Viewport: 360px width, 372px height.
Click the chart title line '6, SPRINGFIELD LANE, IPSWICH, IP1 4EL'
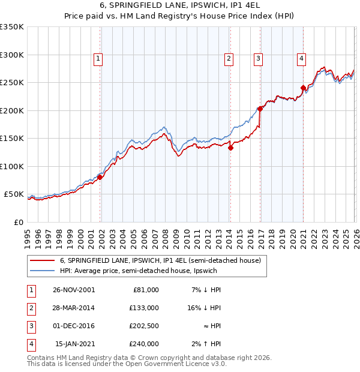[x=179, y=7]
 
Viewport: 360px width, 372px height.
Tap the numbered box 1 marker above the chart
[x=98, y=58]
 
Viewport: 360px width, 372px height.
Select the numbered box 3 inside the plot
[x=258, y=58]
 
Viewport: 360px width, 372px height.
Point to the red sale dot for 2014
[x=230, y=148]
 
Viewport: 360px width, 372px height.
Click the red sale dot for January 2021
[x=303, y=88]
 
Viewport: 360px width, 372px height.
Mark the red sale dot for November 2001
[x=100, y=177]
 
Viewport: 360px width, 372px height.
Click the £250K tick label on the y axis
[x=11, y=83]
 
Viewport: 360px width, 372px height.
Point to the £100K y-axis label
[x=11, y=167]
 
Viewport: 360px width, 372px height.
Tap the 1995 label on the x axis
[x=28, y=235]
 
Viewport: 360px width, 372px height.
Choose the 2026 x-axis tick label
[x=355, y=235]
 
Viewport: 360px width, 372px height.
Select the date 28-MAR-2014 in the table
[x=74, y=308]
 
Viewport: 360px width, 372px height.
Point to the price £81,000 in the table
[x=145, y=290]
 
